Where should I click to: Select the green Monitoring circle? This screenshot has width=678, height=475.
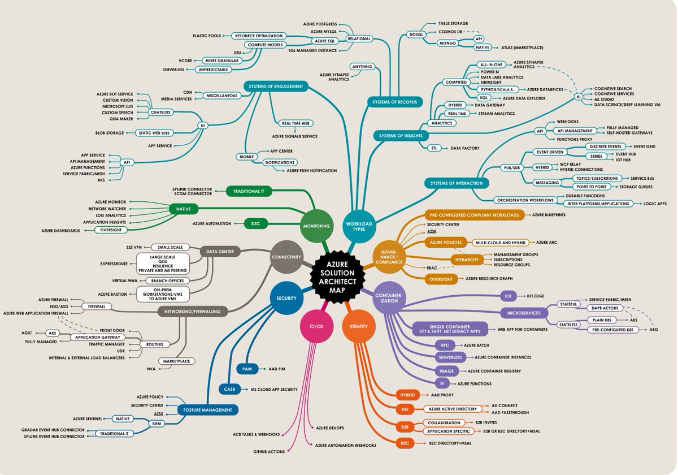click(316, 226)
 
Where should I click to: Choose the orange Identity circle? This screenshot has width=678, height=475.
click(359, 326)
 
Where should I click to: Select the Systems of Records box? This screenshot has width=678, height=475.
click(395, 102)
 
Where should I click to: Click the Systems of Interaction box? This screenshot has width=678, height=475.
click(457, 183)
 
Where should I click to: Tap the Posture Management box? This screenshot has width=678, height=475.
click(207, 410)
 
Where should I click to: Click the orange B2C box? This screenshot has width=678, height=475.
click(405, 443)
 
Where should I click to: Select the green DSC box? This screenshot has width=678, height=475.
click(255, 223)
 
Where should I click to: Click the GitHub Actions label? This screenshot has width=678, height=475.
click(269, 451)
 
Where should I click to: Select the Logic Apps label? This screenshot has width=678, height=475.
click(655, 203)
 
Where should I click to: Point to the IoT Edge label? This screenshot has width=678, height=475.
click(538, 296)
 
